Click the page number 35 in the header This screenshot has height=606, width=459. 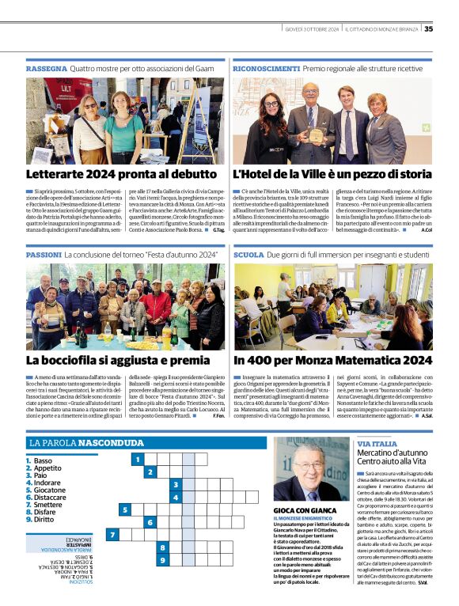click(428, 29)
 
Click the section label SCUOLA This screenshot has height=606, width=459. click(248, 256)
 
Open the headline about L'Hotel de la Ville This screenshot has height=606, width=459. click(332, 174)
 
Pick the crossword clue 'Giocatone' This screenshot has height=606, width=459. click(50, 490)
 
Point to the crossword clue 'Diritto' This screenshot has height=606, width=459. click(44, 519)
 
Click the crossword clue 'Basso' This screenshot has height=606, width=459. click(43, 460)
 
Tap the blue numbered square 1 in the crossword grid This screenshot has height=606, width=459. click(137, 460)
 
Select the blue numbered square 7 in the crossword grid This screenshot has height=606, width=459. click(112, 535)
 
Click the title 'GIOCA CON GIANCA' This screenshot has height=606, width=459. click(305, 510)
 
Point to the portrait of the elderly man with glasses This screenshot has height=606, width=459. click(310, 469)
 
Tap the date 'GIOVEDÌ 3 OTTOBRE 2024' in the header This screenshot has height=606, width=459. click(311, 29)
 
